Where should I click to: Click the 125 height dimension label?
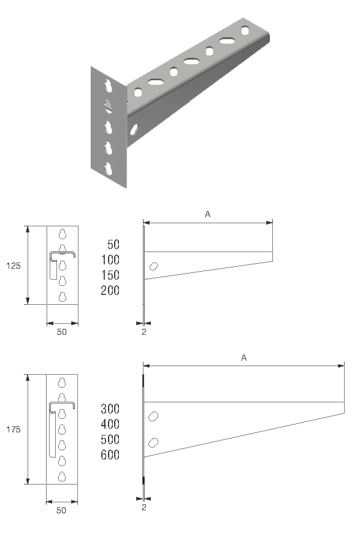pyautogui.click(x=13, y=266)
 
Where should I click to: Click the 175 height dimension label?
pyautogui.click(x=13, y=430)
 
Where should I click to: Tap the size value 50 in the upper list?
pyautogui.click(x=113, y=244)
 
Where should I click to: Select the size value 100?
pyautogui.click(x=110, y=259)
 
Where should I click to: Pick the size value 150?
pyautogui.click(x=110, y=275)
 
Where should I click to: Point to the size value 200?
pyautogui.click(x=110, y=290)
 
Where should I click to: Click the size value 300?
pyautogui.click(x=110, y=408)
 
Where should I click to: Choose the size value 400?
pyautogui.click(x=110, y=424)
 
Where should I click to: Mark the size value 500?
pyautogui.click(x=110, y=440)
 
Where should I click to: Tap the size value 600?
pyautogui.click(x=110, y=455)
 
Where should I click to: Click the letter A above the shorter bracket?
pyautogui.click(x=208, y=214)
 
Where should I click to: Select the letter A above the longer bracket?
pyautogui.click(x=243, y=358)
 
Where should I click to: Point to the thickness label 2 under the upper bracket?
pyautogui.click(x=144, y=332)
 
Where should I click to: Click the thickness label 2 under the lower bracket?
pyautogui.click(x=144, y=507)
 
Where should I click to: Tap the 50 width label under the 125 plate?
pyautogui.click(x=61, y=332)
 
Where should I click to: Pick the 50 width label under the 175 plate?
pyautogui.click(x=61, y=510)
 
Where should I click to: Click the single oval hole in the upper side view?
pyautogui.click(x=154, y=266)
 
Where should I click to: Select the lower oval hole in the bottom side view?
pyautogui.click(x=154, y=443)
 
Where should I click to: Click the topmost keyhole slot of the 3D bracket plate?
pyautogui.click(x=108, y=86)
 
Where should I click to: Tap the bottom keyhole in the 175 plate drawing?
pyautogui.click(x=61, y=476)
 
